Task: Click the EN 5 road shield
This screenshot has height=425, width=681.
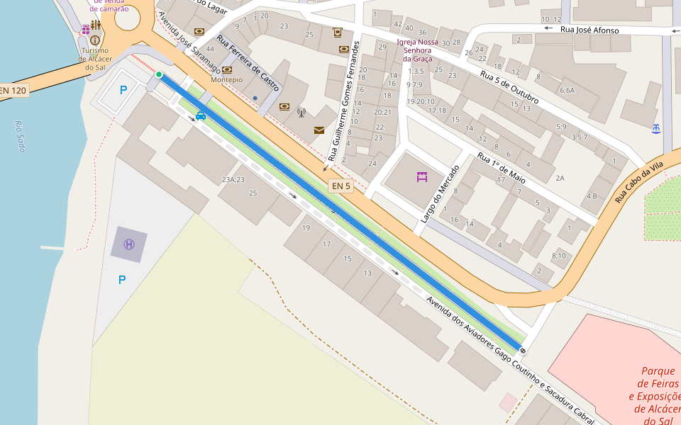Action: point(341,186)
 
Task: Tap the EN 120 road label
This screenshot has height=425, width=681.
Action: point(13,90)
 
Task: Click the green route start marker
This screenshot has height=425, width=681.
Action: point(159,74)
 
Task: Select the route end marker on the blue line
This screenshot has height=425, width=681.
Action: point(523,350)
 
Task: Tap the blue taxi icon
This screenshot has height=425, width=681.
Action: point(201,115)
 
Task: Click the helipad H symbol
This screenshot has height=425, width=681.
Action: point(129,244)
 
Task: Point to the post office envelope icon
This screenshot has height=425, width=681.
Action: point(319,130)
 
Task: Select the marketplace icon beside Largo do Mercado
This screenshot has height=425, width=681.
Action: point(423,177)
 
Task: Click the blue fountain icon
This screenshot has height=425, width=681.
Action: point(655,128)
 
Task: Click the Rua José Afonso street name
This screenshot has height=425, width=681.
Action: point(589,30)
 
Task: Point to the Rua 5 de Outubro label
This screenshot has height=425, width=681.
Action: point(509,87)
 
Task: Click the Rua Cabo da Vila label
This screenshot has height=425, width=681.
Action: point(638,182)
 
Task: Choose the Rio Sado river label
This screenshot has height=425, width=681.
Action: point(19,136)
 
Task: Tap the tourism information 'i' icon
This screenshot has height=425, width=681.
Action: point(95,40)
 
